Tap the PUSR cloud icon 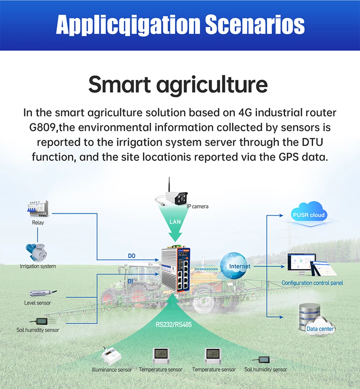309,214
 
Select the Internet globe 234,266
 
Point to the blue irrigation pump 36,253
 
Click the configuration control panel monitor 302,265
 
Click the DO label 132,256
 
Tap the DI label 130,281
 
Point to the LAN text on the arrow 175,222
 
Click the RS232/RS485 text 174,325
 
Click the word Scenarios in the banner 255,24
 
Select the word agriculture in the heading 212,85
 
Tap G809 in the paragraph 42,128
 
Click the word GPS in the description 288,157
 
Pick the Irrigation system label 38,266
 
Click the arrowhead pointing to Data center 282,317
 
